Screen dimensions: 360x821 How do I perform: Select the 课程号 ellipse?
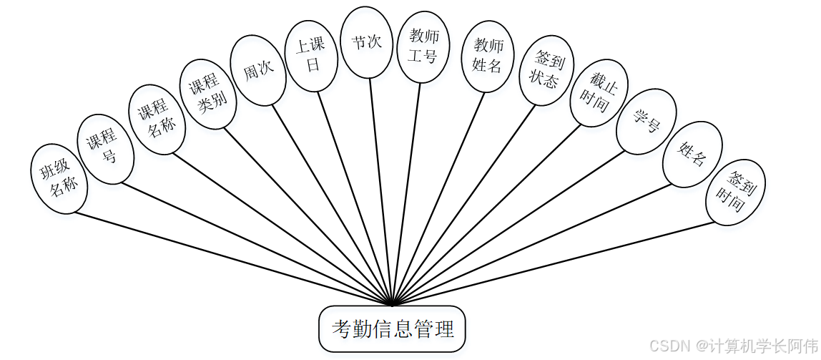[x=106, y=149]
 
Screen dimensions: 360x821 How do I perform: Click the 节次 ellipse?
[x=366, y=42]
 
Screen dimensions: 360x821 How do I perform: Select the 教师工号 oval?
[x=423, y=47]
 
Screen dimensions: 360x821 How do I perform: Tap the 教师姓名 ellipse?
[x=488, y=56]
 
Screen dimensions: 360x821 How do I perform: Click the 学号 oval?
[x=641, y=122]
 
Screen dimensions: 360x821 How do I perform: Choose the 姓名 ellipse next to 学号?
[x=691, y=155]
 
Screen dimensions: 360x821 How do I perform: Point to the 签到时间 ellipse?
[x=735, y=191]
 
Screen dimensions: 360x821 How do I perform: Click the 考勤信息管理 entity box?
[x=392, y=330]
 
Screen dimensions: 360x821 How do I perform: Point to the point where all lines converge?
[x=391, y=304]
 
